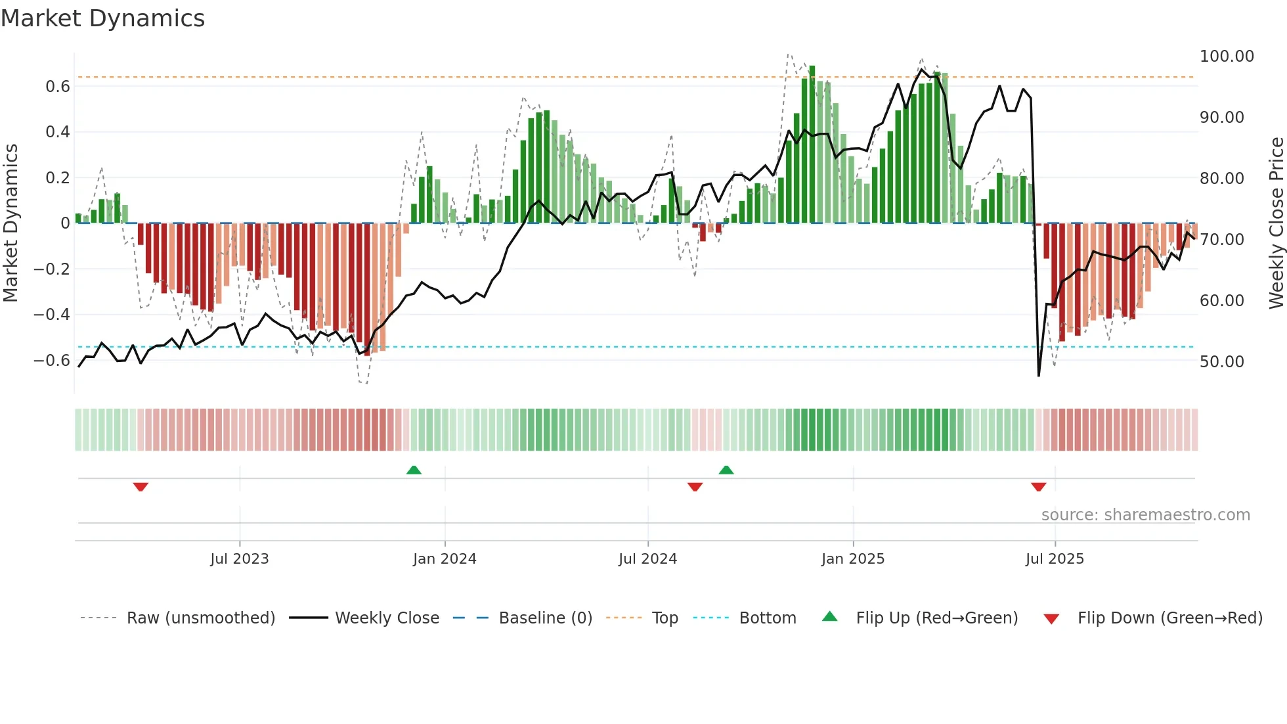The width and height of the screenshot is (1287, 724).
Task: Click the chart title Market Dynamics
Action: [x=102, y=18]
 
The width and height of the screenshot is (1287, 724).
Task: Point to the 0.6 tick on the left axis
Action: [x=58, y=87]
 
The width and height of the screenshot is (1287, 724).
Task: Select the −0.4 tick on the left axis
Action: [x=52, y=315]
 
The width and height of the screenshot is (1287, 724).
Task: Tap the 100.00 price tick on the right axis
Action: [x=1227, y=57]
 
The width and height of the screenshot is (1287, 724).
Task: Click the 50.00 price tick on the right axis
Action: [x=1221, y=362]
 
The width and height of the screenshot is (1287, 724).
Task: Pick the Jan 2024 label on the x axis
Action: [x=445, y=559]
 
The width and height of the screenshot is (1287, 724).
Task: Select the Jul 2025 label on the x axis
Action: [x=1055, y=559]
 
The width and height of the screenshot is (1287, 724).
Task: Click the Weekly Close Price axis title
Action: [x=1276, y=223]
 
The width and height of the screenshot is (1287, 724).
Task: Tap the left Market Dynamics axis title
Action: [x=11, y=223]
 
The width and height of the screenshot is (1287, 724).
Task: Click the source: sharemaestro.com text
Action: [x=1145, y=515]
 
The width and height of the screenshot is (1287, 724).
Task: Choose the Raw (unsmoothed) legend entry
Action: [x=200, y=618]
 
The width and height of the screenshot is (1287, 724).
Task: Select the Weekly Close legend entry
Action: [x=387, y=618]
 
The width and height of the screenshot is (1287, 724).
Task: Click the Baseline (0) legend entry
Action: [x=545, y=618]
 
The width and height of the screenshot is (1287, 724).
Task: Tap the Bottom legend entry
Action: [x=767, y=618]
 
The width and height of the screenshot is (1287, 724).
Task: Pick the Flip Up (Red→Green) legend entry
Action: [x=936, y=618]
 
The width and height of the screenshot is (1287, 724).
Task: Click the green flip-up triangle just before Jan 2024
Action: [x=414, y=470]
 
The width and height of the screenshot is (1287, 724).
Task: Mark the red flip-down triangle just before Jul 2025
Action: [x=1038, y=487]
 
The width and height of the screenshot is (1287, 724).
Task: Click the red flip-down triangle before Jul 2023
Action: [x=141, y=487]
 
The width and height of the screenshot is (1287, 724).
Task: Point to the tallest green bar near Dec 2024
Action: [x=812, y=145]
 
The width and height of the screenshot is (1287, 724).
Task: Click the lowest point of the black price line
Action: [x=1039, y=375]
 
